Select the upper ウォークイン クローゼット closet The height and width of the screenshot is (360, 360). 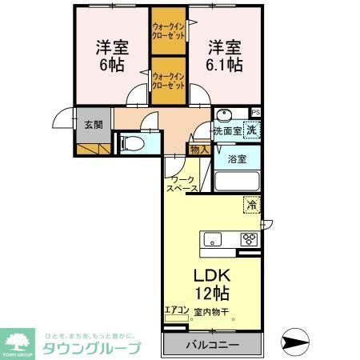[x=168, y=32]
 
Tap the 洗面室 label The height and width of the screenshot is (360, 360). [x=227, y=130]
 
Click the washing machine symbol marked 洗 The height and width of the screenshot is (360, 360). [x=252, y=130]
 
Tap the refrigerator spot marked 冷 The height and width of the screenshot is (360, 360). [x=252, y=205]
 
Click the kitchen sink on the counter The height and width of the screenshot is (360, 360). [x=214, y=239]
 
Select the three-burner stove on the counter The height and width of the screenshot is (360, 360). [x=250, y=239]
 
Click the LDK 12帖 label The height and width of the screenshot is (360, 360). [x=212, y=282]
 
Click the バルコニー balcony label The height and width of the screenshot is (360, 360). [x=214, y=345]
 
